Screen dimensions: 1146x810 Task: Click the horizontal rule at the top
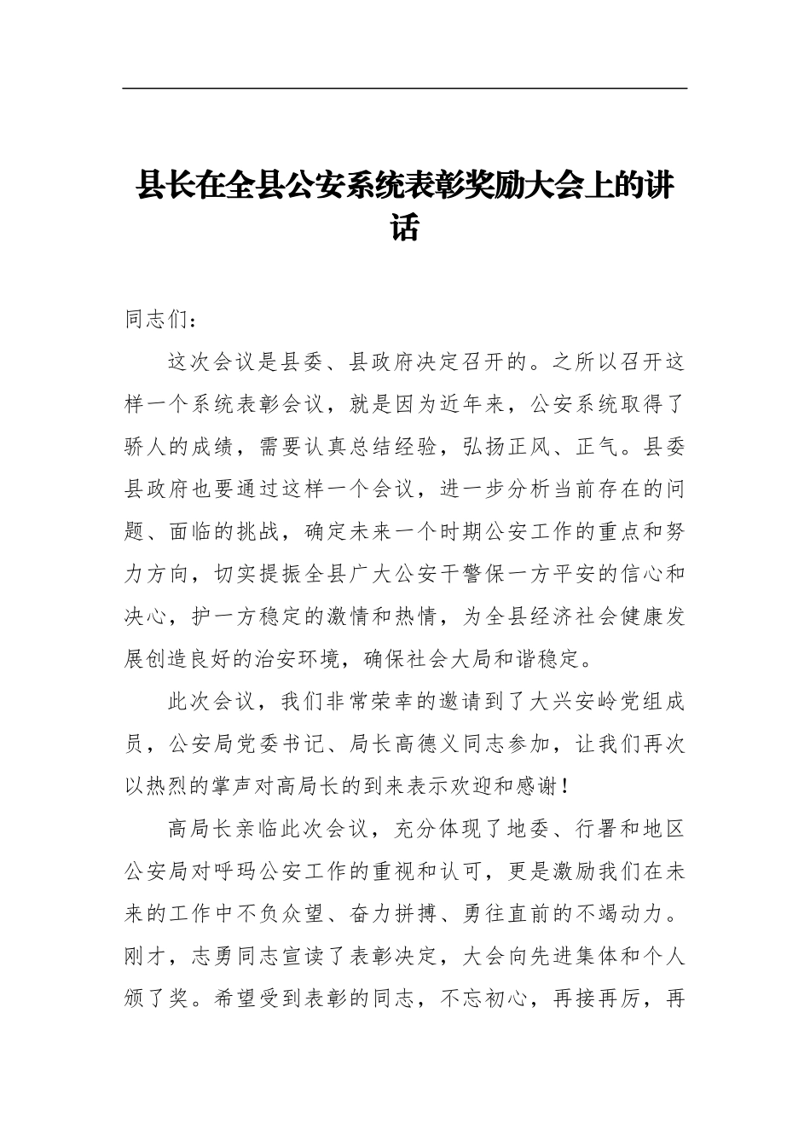404,88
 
